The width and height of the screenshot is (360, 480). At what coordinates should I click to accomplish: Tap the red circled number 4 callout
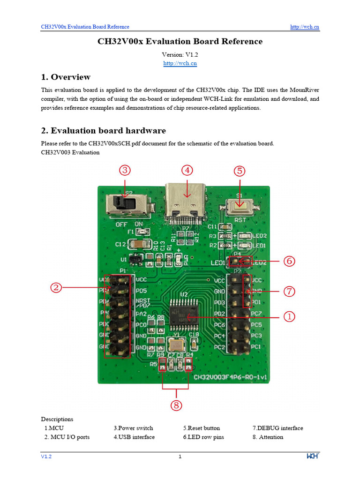187,171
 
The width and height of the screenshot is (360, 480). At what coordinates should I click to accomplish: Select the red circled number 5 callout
240,171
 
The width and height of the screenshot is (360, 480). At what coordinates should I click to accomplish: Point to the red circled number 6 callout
289,262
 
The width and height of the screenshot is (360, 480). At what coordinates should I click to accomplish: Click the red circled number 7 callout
289,292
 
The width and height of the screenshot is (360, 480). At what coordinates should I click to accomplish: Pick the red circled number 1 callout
289,317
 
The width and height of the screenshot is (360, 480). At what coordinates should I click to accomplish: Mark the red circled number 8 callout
176,405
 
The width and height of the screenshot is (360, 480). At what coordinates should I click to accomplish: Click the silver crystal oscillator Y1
175,346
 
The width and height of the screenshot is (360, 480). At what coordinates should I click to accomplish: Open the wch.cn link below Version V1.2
180,63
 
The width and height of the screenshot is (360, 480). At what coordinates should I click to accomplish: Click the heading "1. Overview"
66,77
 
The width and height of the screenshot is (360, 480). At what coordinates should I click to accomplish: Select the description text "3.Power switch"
133,428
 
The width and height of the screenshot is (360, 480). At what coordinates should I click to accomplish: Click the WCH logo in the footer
313,457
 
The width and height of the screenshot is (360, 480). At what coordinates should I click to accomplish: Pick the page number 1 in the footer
180,457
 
